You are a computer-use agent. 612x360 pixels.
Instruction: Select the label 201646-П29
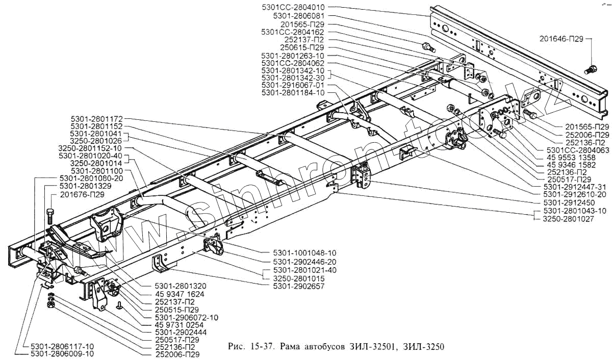click(562, 38)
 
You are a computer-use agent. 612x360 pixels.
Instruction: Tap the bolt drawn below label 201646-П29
click(591, 68)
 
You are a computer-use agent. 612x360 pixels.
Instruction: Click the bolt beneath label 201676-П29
click(49, 214)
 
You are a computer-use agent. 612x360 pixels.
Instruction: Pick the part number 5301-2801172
click(96, 118)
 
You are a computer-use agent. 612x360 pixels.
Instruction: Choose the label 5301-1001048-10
click(301, 252)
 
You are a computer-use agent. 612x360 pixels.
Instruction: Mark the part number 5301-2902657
click(298, 286)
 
